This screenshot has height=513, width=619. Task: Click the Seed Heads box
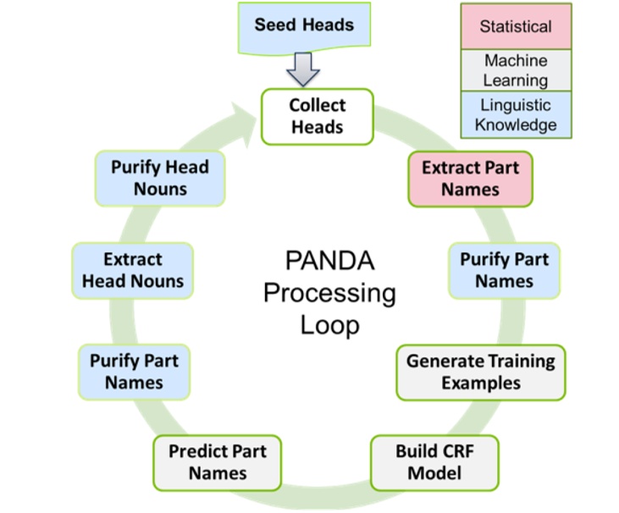click(x=304, y=25)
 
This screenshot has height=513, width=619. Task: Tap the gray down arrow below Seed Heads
click(x=303, y=69)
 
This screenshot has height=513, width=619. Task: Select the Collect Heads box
click(x=317, y=116)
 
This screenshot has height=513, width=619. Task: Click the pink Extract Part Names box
click(x=470, y=179)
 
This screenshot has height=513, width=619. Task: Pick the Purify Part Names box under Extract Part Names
click(x=503, y=270)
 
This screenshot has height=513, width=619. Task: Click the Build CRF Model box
click(x=434, y=461)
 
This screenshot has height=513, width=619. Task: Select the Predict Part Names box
click(x=217, y=461)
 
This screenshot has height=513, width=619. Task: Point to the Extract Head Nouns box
click(x=133, y=270)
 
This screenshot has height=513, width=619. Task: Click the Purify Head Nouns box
click(x=159, y=178)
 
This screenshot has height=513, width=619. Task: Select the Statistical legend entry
click(x=515, y=26)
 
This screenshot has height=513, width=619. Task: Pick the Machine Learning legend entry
click(x=515, y=70)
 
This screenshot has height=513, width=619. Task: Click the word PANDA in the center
click(x=329, y=259)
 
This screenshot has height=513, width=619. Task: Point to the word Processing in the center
click(x=329, y=292)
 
